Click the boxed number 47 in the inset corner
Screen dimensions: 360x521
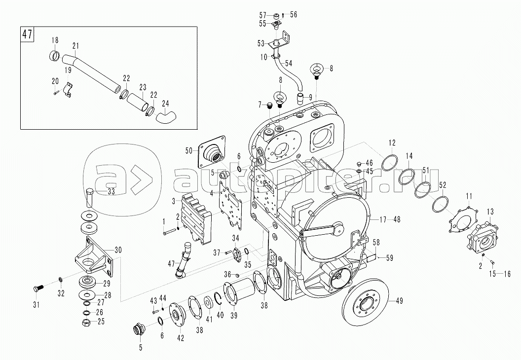28,36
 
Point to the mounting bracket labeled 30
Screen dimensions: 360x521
93,256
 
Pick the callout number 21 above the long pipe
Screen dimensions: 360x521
75,46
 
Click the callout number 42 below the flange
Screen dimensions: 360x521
181,338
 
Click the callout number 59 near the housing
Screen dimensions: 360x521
389,257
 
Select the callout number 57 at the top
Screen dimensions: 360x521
263,14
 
